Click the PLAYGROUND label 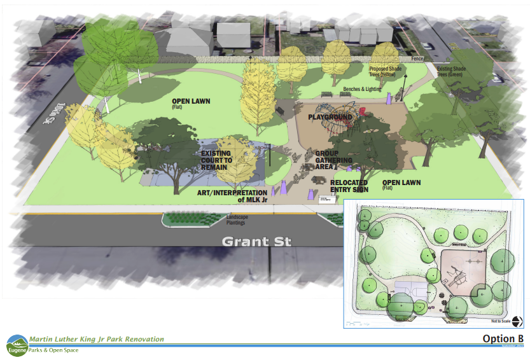tap(330, 118)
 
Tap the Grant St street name tap(256, 242)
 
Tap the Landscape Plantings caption tap(237, 219)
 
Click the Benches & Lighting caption tap(361, 89)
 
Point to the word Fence tap(417, 59)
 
